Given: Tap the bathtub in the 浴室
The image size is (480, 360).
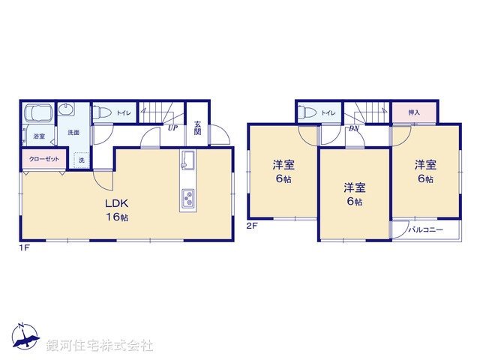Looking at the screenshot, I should [37, 115].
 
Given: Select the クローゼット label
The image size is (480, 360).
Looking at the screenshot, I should [40, 159].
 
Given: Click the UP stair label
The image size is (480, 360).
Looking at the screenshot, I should [172, 127].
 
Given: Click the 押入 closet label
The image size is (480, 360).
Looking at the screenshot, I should [414, 112].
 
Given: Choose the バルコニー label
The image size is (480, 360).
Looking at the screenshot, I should [425, 230].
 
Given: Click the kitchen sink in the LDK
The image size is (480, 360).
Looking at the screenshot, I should [187, 161].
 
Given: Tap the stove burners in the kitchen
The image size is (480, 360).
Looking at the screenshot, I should [187, 199].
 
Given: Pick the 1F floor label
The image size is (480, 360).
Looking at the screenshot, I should [25, 246].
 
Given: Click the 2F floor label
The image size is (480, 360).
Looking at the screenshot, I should [253, 225].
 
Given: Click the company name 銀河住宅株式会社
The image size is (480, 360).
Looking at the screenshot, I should [100, 345].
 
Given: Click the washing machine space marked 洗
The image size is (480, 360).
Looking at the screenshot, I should [80, 160].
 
